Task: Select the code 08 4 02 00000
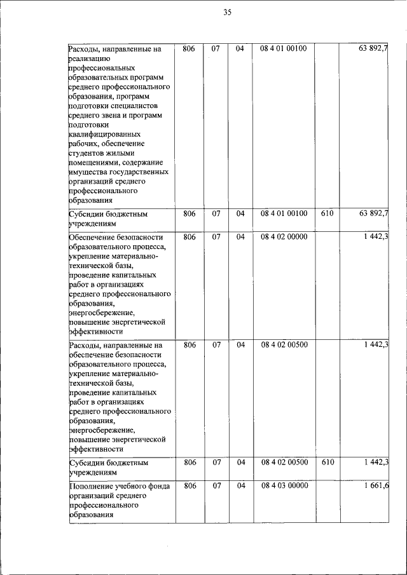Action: pos(284,237)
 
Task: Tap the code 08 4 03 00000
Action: pos(284,486)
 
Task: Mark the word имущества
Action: pos(88,172)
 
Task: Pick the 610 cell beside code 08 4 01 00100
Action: pos(327,214)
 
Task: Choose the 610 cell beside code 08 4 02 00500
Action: pos(327,463)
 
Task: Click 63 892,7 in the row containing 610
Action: pos(374,214)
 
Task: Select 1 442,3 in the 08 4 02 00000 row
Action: pos(376,237)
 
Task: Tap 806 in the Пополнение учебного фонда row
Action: pos(189,486)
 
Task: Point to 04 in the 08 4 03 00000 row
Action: pos(240,486)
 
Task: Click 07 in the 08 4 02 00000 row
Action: pos(216,237)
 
